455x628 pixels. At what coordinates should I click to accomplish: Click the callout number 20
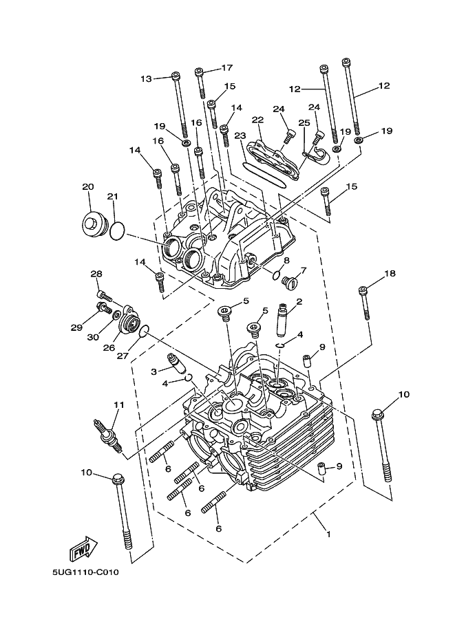click(87, 186)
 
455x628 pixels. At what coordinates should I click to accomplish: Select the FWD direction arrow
click(82, 550)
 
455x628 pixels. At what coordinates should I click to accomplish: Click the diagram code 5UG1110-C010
click(85, 572)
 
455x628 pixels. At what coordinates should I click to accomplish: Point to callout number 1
click(328, 534)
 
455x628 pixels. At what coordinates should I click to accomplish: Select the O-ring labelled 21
click(117, 230)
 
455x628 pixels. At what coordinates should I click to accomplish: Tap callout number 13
click(146, 78)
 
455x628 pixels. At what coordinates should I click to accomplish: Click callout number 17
click(227, 67)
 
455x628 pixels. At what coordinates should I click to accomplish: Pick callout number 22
click(257, 120)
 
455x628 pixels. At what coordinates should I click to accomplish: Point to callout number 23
click(240, 136)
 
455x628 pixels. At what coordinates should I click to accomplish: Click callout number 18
click(390, 273)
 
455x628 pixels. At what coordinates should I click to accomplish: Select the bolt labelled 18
click(363, 303)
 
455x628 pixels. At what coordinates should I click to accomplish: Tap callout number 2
click(299, 301)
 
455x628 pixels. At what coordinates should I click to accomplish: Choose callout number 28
click(96, 274)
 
